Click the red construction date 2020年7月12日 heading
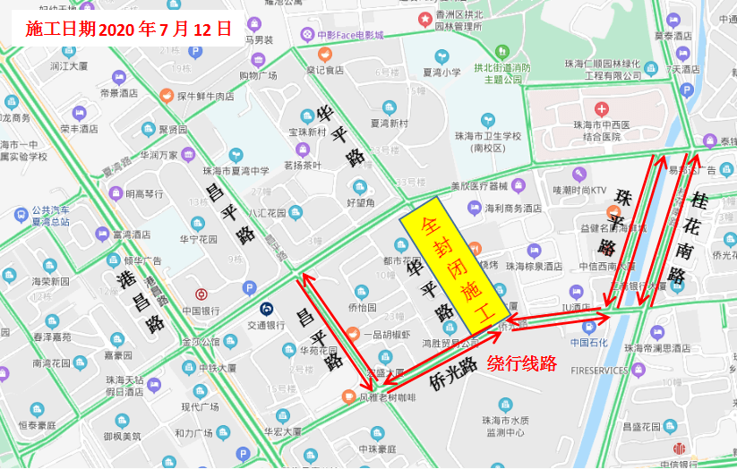pyautogui.click(x=128, y=29)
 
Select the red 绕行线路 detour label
pyautogui.click(x=522, y=363)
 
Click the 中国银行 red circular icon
pyautogui.click(x=201, y=294)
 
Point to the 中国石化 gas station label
pyautogui.click(x=588, y=342)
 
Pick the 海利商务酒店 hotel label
pyautogui.click(x=513, y=208)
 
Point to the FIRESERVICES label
pyautogui.click(x=601, y=370)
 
